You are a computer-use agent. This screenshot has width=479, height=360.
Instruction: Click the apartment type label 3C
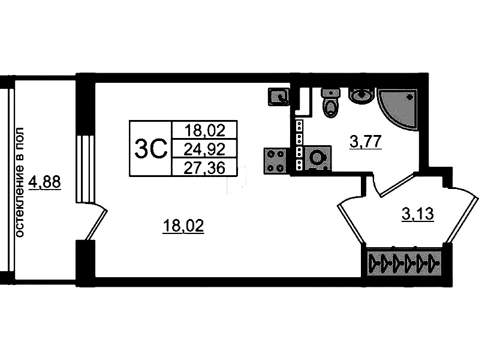(x=151, y=148)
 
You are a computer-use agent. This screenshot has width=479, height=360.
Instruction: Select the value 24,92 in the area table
(x=204, y=149)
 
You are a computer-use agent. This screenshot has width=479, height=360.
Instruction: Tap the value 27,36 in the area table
(x=204, y=167)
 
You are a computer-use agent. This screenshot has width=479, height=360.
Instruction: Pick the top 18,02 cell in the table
(x=204, y=131)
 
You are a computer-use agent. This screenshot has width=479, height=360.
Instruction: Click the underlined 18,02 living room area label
(x=183, y=227)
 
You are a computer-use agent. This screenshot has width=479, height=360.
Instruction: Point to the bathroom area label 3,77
(x=366, y=142)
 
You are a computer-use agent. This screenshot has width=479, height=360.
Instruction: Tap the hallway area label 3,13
(x=418, y=214)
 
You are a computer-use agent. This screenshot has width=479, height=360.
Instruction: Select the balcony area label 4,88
(x=44, y=182)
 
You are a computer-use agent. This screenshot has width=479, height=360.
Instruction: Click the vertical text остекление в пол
(x=19, y=182)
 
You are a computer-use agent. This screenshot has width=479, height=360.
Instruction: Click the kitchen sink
(x=279, y=97)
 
